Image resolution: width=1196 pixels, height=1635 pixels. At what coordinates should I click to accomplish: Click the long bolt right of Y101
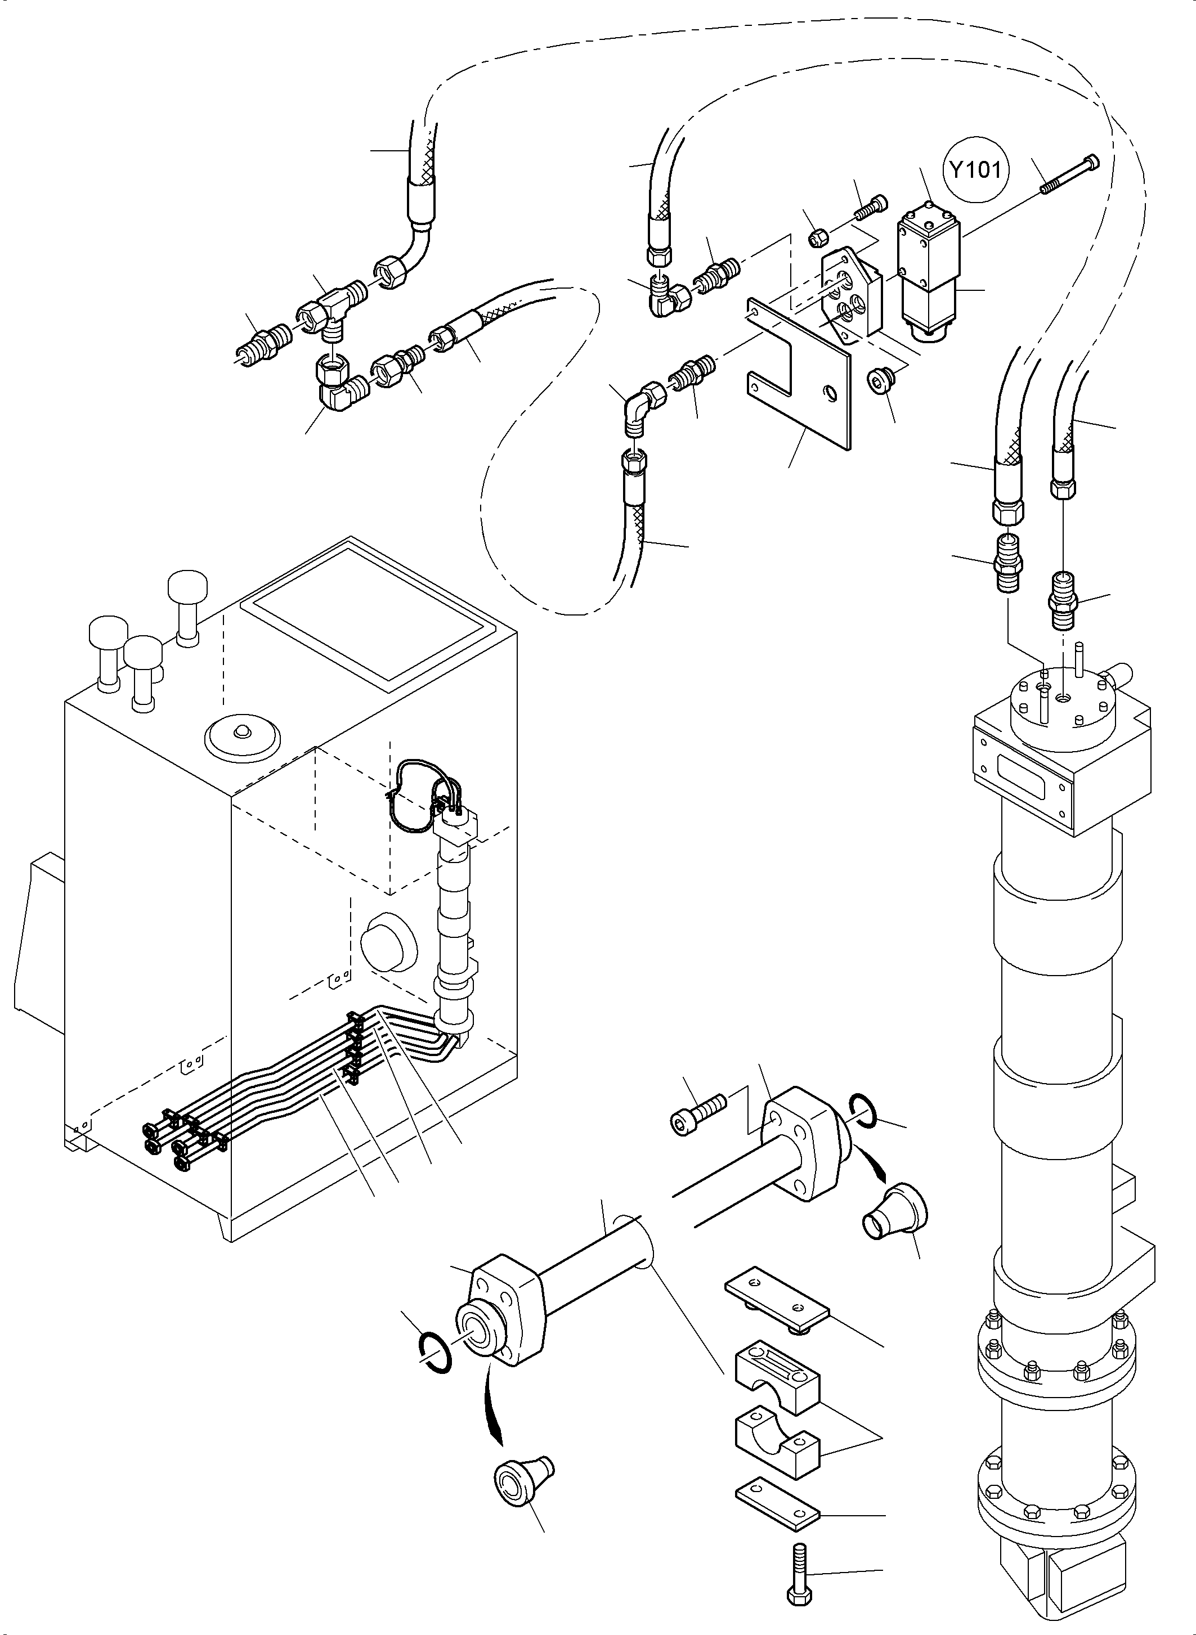[1070, 174]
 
